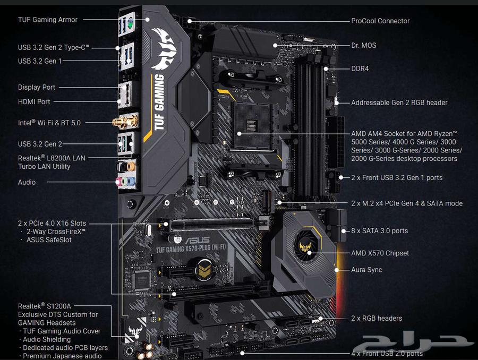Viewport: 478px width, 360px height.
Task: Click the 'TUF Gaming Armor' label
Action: pyautogui.click(x=48, y=20)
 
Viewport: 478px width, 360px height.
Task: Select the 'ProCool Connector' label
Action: pyautogui.click(x=380, y=21)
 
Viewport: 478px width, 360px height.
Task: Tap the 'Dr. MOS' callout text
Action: pyautogui.click(x=363, y=45)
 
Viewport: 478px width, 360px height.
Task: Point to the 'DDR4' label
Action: pyautogui.click(x=360, y=68)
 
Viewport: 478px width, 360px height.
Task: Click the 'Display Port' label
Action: pyautogui.click(x=37, y=87)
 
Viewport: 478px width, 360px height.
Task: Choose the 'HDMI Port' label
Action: pyautogui.click(x=34, y=101)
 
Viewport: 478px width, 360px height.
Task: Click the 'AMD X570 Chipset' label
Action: pyautogui.click(x=380, y=253)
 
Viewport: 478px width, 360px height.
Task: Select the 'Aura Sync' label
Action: pyautogui.click(x=366, y=270)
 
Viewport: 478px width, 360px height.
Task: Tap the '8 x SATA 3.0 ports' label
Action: pyautogui.click(x=379, y=231)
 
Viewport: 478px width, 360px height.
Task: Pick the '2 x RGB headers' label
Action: pyautogui.click(x=377, y=318)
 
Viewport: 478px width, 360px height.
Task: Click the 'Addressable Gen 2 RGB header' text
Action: pyautogui.click(x=399, y=102)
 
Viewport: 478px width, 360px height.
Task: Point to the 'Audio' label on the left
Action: pyautogui.click(x=27, y=182)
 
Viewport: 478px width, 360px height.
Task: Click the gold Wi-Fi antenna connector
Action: pyautogui.click(x=118, y=123)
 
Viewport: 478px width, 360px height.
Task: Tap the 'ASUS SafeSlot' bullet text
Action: pyautogui.click(x=49, y=240)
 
